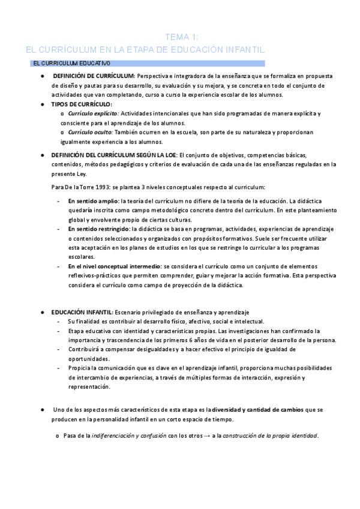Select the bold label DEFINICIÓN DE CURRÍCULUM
[x=93, y=76]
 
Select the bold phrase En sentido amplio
[x=92, y=201]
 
